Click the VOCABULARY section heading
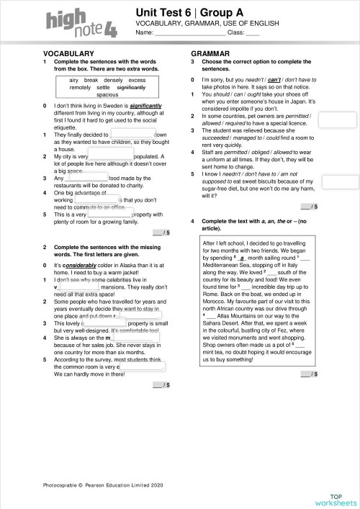[x=69, y=54]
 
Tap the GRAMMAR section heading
[x=210, y=54]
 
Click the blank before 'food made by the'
[x=87, y=177]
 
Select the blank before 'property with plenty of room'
[x=109, y=215]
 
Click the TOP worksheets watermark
[x=336, y=499]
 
